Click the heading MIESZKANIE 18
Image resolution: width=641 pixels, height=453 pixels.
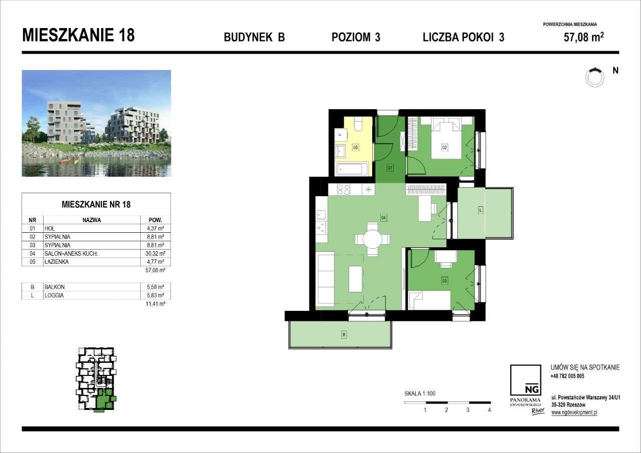tap(79, 36)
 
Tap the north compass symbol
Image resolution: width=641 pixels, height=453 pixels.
tap(595, 77)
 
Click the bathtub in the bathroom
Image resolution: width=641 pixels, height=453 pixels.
tap(352, 169)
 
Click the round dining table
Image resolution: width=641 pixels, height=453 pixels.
tap(372, 239)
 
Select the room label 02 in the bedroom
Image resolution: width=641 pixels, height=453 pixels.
tap(444, 147)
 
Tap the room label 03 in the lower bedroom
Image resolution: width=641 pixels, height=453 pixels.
tap(444, 281)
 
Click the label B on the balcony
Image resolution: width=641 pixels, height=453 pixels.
tap(344, 334)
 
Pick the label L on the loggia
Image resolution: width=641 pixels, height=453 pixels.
tap(480, 211)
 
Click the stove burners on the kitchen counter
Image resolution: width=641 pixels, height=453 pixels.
tap(344, 189)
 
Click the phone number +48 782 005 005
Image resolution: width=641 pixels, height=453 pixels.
tap(567, 376)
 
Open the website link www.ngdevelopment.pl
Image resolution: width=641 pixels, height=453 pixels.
tap(574, 412)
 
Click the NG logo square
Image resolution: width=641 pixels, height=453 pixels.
tap(525, 381)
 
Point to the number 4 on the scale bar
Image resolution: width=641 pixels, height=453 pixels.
tap(489, 410)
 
